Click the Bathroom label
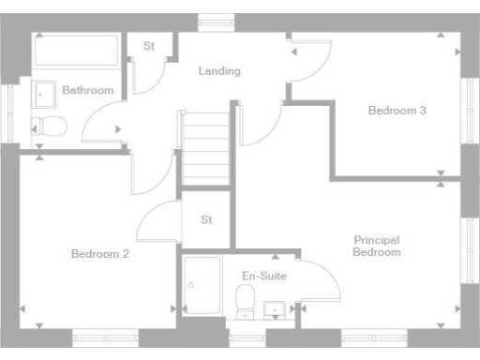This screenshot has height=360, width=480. click(x=88, y=91)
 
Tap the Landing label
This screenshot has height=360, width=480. click(x=219, y=71)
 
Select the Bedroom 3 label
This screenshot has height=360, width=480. click(x=397, y=111)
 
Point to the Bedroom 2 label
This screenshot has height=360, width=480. click(x=99, y=253)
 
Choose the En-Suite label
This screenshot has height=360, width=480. click(x=264, y=277)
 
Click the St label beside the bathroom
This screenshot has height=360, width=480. click(x=148, y=47)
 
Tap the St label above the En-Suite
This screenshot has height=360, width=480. click(x=207, y=220)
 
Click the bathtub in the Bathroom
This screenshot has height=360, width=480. click(x=76, y=50)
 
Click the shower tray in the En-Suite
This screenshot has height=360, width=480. click(x=202, y=284)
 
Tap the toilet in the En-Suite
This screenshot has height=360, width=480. click(x=246, y=301)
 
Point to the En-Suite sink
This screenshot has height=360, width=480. click(x=275, y=307)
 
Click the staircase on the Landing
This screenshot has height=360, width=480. click(x=205, y=148)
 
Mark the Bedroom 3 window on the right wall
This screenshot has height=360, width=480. click(x=469, y=112)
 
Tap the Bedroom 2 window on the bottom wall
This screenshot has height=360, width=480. click(x=105, y=338)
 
